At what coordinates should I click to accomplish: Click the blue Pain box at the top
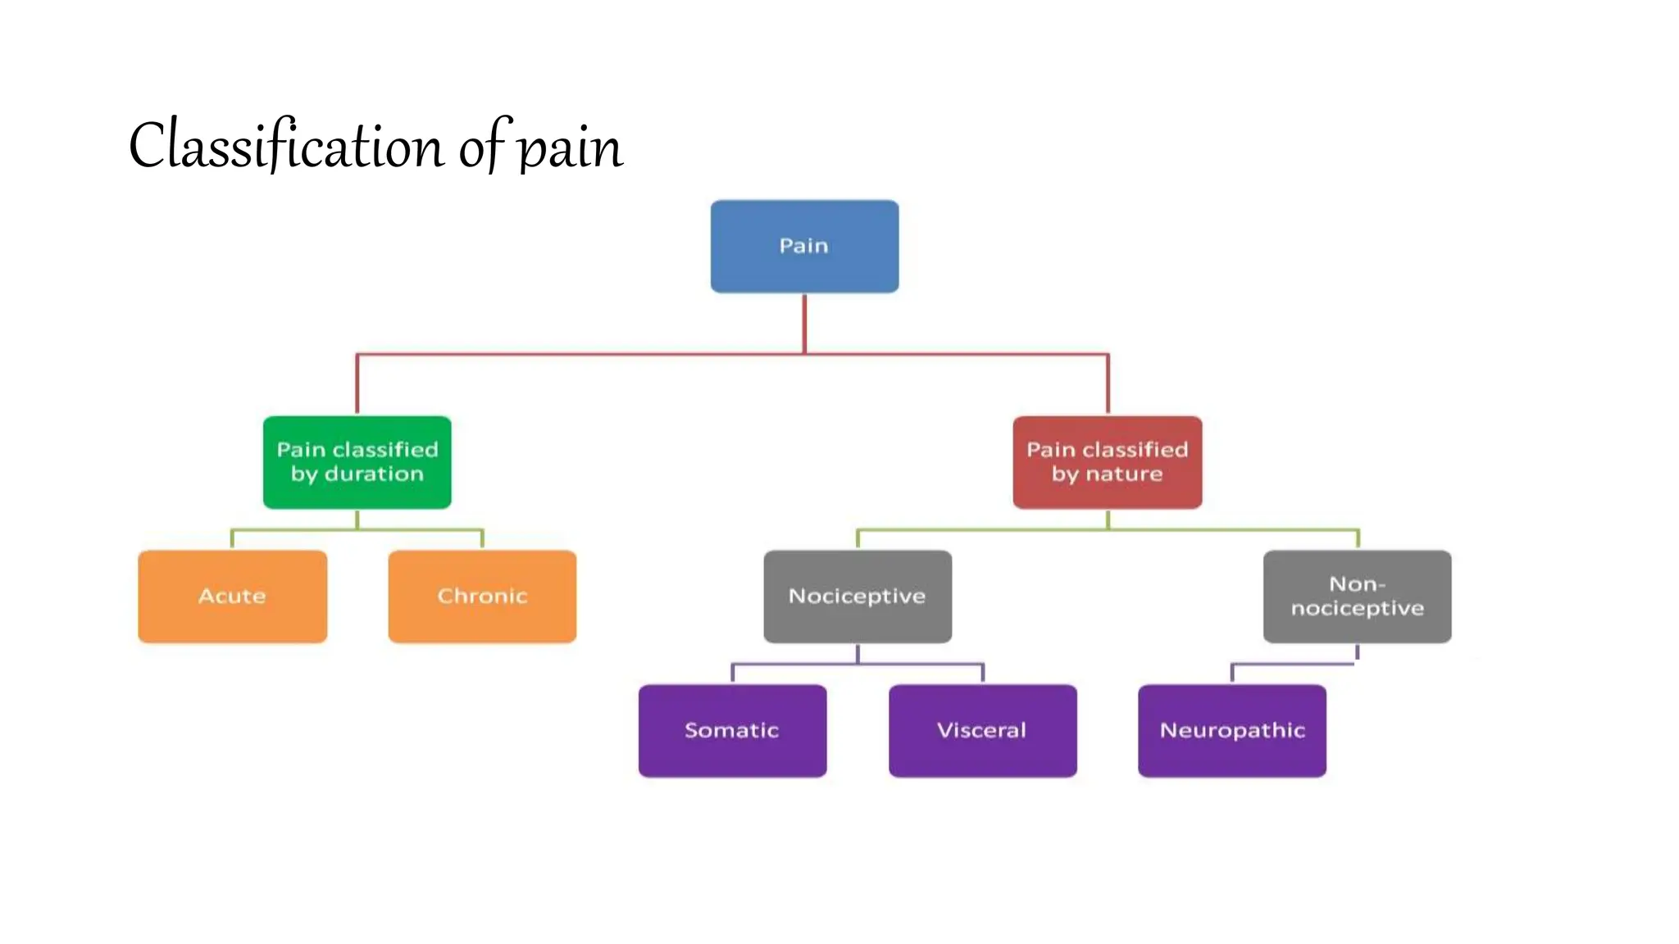tap(804, 246)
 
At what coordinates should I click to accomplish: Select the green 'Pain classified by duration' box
tap(357, 462)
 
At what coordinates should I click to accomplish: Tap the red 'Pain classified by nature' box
tap(1107, 462)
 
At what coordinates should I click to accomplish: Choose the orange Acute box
tap(232, 597)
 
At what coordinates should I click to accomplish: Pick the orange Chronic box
tap(482, 597)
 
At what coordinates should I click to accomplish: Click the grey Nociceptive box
tap(858, 597)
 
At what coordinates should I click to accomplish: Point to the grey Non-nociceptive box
tap(1357, 597)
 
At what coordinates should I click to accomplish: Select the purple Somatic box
tap(732, 731)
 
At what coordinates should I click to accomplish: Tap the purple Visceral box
tap(982, 731)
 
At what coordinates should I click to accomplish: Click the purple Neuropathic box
tap(1231, 731)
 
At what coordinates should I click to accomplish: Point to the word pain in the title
tap(571, 150)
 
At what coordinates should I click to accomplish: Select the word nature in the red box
tap(1124, 474)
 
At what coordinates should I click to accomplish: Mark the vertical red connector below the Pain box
tap(804, 324)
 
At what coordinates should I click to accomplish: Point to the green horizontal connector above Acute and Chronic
tap(295, 530)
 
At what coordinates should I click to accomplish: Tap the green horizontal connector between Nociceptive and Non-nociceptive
tap(984, 530)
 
